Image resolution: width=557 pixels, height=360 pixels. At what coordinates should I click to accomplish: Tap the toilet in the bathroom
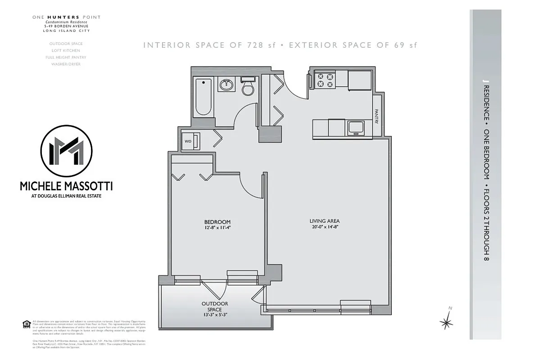click(248, 87)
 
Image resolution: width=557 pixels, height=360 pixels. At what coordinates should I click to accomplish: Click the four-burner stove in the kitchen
click(325, 80)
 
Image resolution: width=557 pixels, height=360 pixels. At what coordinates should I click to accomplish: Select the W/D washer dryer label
click(188, 141)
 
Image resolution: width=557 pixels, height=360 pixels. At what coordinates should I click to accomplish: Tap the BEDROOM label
click(217, 222)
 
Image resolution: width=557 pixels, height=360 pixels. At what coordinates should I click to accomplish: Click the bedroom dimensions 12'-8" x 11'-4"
click(217, 228)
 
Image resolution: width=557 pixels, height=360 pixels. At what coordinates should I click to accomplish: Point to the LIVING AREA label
click(324, 221)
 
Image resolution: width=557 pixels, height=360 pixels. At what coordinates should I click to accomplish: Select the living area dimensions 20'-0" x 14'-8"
click(324, 227)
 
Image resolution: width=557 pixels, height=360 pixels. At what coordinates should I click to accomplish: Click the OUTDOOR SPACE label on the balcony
click(215, 306)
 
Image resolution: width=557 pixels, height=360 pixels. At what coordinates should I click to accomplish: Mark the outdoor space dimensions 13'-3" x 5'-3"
click(215, 315)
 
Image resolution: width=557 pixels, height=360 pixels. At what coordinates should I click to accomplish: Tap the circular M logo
click(66, 151)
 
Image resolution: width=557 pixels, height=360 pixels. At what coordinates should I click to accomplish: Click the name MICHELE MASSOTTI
click(66, 186)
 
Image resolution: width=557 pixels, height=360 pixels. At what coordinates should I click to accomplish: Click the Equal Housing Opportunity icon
click(26, 324)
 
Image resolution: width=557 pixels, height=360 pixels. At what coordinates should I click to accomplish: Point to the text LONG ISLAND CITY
click(66, 31)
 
